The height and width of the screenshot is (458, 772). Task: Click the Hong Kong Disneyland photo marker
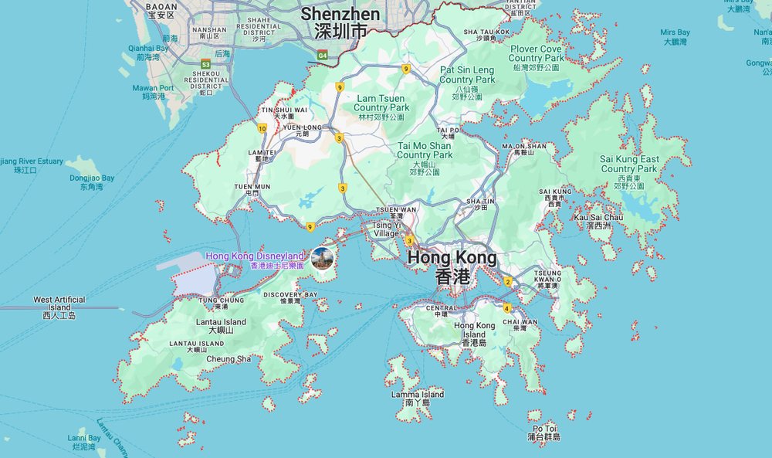(x=323, y=258)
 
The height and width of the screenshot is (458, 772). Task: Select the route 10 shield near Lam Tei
(x=262, y=128)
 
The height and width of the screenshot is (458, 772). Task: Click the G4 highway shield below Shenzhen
(x=322, y=56)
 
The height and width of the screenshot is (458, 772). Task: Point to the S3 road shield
(x=206, y=63)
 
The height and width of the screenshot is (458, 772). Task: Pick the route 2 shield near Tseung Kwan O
(x=508, y=281)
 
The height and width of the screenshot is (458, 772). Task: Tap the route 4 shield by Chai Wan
(x=506, y=308)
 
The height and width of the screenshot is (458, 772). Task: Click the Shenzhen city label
(x=340, y=22)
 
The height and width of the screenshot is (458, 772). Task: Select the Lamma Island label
(x=418, y=398)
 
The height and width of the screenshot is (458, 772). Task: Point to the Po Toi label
(x=544, y=432)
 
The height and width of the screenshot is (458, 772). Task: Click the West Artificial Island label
(x=59, y=307)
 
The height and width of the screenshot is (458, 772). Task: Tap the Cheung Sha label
(x=228, y=358)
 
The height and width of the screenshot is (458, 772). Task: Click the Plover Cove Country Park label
(x=536, y=58)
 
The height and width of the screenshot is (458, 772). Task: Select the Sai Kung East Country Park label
(x=629, y=168)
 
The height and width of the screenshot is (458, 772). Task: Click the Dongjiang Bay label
(x=92, y=182)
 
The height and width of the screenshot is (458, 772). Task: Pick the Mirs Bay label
(x=675, y=36)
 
